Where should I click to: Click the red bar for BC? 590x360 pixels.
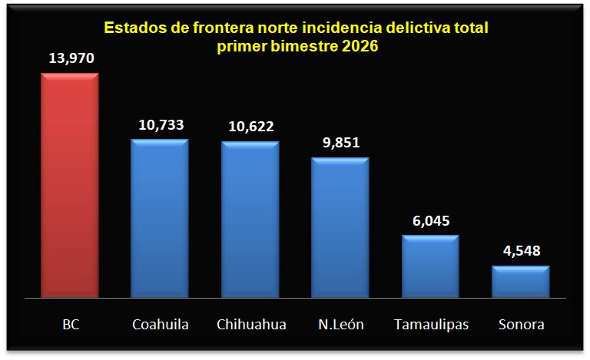tap(70, 184)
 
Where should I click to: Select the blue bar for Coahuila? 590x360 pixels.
tap(160, 218)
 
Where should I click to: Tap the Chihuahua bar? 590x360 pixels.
tap(250, 220)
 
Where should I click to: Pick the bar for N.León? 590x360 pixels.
tap(340, 227)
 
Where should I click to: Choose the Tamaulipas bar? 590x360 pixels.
tap(431, 266)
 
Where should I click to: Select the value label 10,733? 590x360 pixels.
tap(160, 124)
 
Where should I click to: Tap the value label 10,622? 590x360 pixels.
tap(250, 127)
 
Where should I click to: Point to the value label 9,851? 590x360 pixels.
tap(340, 142)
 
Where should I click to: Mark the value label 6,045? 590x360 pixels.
tap(431, 220)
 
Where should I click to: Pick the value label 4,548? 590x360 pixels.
tap(521, 251)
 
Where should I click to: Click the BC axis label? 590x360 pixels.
tap(70, 325)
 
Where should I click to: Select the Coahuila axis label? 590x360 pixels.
tap(160, 325)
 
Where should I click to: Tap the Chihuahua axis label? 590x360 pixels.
tap(250, 325)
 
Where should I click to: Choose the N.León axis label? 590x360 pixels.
tap(340, 325)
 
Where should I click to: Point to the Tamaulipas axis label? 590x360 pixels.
tap(431, 325)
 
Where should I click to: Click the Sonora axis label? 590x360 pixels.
tap(521, 325)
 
